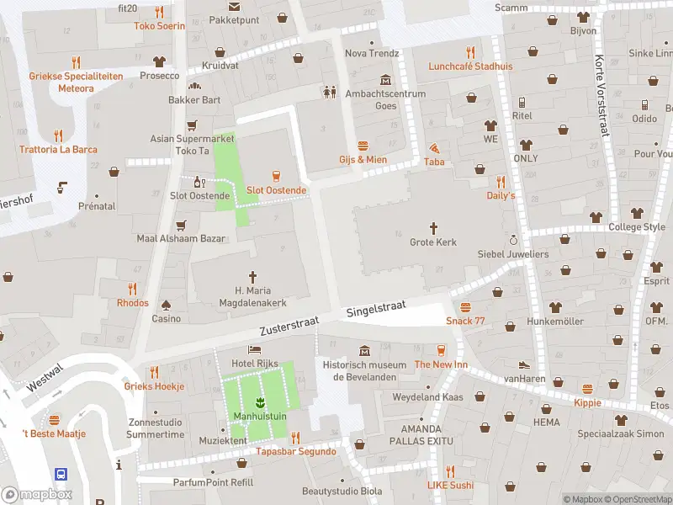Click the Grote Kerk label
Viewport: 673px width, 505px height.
coord(433,242)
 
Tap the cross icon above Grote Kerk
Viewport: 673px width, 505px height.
coord(434,227)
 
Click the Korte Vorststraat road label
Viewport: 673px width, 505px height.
coord(600,88)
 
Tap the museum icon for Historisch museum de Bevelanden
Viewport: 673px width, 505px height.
coord(364,350)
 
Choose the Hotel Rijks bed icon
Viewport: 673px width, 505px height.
coord(254,348)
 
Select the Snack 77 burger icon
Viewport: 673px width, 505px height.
coord(465,307)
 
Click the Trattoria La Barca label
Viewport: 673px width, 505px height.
coord(59,150)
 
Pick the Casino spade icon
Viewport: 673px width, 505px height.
coord(166,304)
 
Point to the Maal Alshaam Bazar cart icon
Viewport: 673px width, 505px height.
coord(181,225)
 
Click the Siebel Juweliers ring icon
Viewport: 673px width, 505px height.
coord(513,239)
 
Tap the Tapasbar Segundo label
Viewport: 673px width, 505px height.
coord(296,451)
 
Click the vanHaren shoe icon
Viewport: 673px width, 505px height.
coord(524,364)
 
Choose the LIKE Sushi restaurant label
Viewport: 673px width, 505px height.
coord(450,485)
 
